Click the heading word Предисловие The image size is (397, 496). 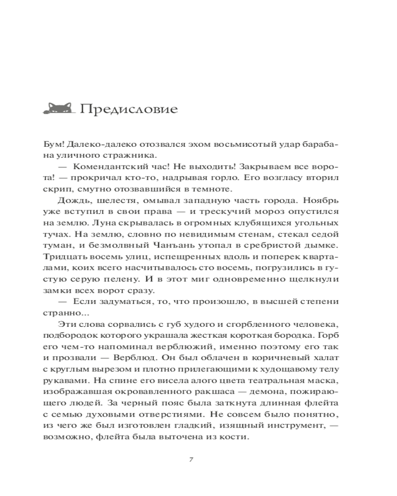click(x=128, y=109)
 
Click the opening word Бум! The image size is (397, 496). click(x=53, y=143)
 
